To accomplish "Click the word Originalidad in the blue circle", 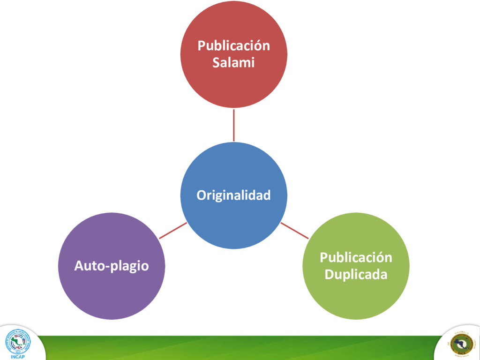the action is tap(233, 195).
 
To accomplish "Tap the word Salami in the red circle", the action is tap(233, 62).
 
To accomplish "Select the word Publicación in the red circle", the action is tap(233, 46).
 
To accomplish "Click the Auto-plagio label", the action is tap(112, 266).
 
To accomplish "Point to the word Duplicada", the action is tap(356, 274).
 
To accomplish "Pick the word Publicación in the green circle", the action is tap(356, 257).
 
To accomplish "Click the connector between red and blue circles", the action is tap(234, 125).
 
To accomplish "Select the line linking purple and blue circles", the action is tap(173, 230).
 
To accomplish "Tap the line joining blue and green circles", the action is tap(294, 230).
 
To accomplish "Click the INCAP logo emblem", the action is tap(17, 341).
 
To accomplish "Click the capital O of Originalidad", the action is tap(201, 195).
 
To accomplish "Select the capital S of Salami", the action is tap(216, 62).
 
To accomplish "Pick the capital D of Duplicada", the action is tap(329, 274).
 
